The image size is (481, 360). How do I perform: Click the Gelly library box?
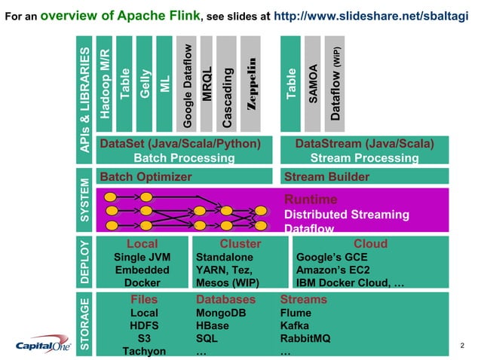(145, 82)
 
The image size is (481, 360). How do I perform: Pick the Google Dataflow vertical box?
(187, 83)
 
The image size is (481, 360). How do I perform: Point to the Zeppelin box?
(252, 83)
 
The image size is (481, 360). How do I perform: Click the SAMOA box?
(313, 83)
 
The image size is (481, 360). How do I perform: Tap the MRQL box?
(207, 83)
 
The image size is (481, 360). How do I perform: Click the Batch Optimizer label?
(146, 177)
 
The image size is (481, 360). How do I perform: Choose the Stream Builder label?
(326, 177)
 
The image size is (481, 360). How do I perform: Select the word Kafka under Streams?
(295, 325)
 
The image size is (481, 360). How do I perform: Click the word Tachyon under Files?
(143, 351)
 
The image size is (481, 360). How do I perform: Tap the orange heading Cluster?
(240, 244)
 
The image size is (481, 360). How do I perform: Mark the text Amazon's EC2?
(329, 270)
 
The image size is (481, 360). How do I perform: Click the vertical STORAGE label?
(85, 324)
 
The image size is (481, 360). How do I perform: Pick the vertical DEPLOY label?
(85, 262)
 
